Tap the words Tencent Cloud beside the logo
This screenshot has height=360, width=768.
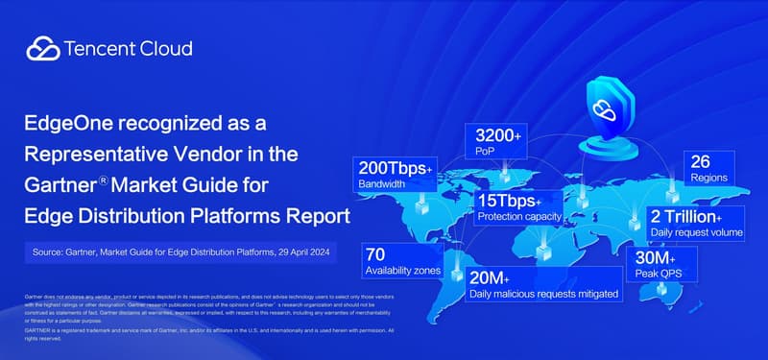coord(128,49)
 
